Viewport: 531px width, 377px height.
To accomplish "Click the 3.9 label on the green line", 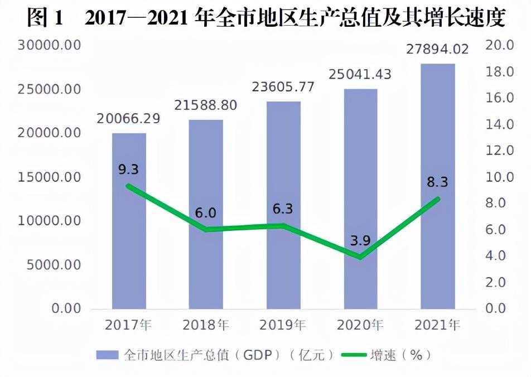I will tap(360, 241).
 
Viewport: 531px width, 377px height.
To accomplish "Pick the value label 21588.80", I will tap(205, 105).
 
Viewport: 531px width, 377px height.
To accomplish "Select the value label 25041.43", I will tap(360, 74).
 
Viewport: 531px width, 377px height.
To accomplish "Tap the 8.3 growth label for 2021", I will tap(438, 182).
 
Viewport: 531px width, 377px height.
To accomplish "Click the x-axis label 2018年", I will tap(206, 325).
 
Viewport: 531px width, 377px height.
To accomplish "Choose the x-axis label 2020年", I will tap(361, 325).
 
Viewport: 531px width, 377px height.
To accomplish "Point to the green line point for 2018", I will tap(206, 229).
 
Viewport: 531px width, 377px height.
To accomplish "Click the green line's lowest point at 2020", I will tap(361, 257).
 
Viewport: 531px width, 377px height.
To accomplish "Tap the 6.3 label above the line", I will tap(283, 209).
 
